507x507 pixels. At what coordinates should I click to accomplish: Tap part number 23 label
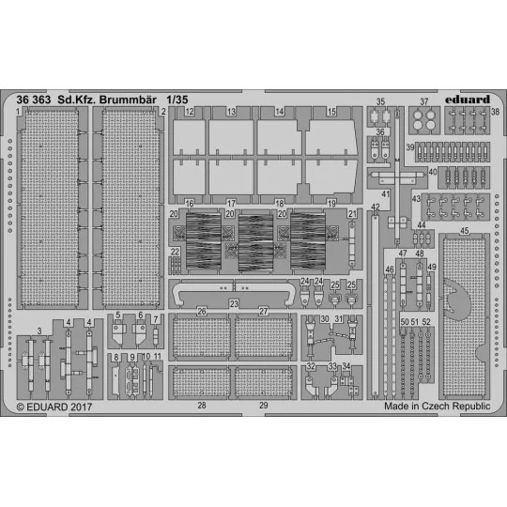click(x=234, y=302)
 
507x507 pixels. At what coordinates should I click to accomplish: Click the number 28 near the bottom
click(x=201, y=406)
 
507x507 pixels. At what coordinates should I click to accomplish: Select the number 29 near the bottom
click(x=264, y=406)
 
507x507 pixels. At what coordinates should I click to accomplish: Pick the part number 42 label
click(x=375, y=207)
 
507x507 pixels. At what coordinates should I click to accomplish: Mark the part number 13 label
click(x=230, y=112)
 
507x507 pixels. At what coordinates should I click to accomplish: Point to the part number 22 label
click(x=175, y=252)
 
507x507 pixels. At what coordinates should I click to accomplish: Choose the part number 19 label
click(x=330, y=203)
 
